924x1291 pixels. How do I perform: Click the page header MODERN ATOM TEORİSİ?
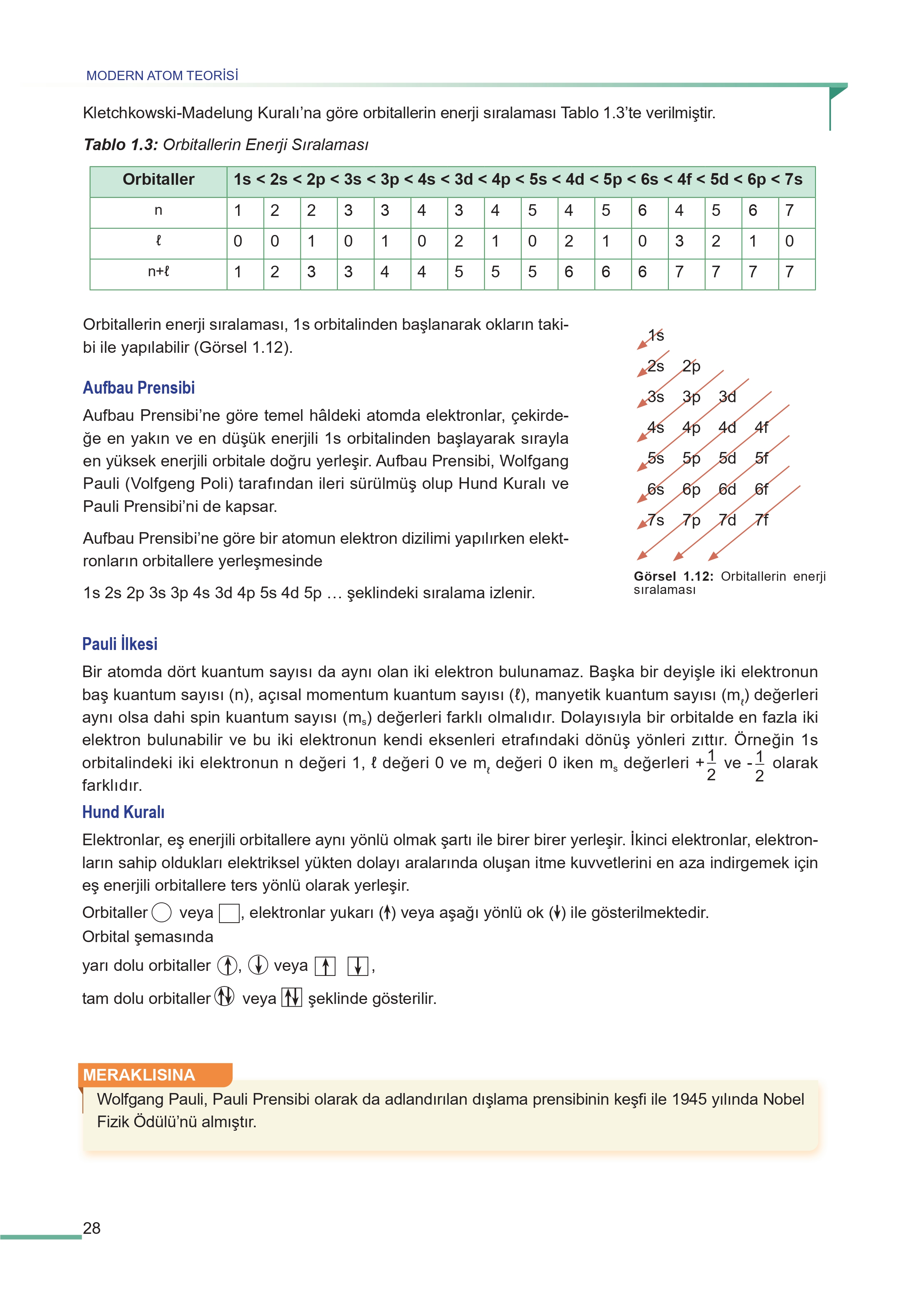[162, 75]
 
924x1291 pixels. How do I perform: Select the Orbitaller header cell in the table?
[158, 180]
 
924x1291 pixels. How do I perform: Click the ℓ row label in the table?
[158, 241]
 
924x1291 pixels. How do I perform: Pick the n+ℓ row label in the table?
[158, 272]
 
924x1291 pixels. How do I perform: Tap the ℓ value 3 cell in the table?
[679, 241]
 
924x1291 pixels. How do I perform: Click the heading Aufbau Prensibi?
[139, 388]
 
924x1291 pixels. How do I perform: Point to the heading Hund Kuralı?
[123, 812]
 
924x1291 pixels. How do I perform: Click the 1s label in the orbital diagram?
[656, 336]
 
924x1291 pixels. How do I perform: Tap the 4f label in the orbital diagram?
[761, 427]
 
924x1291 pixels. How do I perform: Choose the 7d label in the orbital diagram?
[727, 520]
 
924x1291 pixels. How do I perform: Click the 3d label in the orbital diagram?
[727, 396]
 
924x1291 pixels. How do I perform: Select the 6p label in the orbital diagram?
[691, 489]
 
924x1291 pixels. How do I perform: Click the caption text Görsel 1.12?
[673, 576]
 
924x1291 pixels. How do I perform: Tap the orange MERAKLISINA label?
[139, 1075]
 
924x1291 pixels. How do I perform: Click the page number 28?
[91, 1228]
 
